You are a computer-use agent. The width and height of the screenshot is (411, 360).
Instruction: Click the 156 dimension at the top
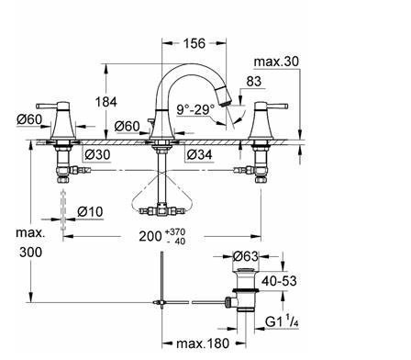(x=194, y=43)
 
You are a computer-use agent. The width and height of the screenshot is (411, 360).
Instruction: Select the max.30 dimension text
(x=276, y=62)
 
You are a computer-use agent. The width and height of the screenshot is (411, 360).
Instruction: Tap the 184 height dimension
(x=106, y=102)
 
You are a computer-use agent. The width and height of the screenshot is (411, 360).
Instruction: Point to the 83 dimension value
(x=254, y=82)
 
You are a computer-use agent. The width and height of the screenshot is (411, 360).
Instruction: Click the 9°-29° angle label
(x=196, y=109)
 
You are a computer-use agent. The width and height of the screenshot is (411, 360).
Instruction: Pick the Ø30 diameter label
(x=97, y=154)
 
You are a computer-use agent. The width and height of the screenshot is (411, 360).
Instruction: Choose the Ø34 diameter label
(x=199, y=154)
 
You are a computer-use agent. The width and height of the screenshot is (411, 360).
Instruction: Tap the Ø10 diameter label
(x=90, y=211)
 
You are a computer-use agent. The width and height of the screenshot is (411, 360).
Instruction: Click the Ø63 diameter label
(x=246, y=256)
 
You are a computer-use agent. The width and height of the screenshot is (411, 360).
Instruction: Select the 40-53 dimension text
(x=279, y=281)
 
